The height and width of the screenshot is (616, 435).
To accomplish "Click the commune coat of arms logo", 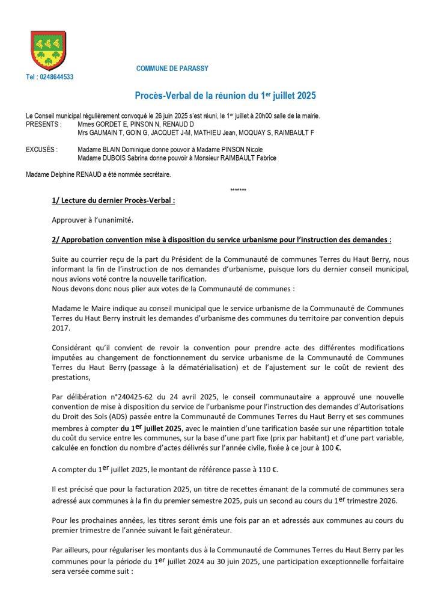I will pyautogui.click(x=48, y=51).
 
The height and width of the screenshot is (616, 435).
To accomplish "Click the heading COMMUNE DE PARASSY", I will pyautogui.click(x=172, y=69).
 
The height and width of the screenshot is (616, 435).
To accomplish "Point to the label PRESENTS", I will pyautogui.click(x=44, y=124).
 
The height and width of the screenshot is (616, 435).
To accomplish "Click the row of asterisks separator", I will pyautogui.click(x=238, y=191).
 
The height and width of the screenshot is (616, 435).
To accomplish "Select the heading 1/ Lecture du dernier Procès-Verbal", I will pyautogui.click(x=114, y=201).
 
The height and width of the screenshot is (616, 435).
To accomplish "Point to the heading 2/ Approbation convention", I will pyautogui.click(x=222, y=239).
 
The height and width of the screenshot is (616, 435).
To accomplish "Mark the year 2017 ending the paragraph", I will pyautogui.click(x=61, y=328).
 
